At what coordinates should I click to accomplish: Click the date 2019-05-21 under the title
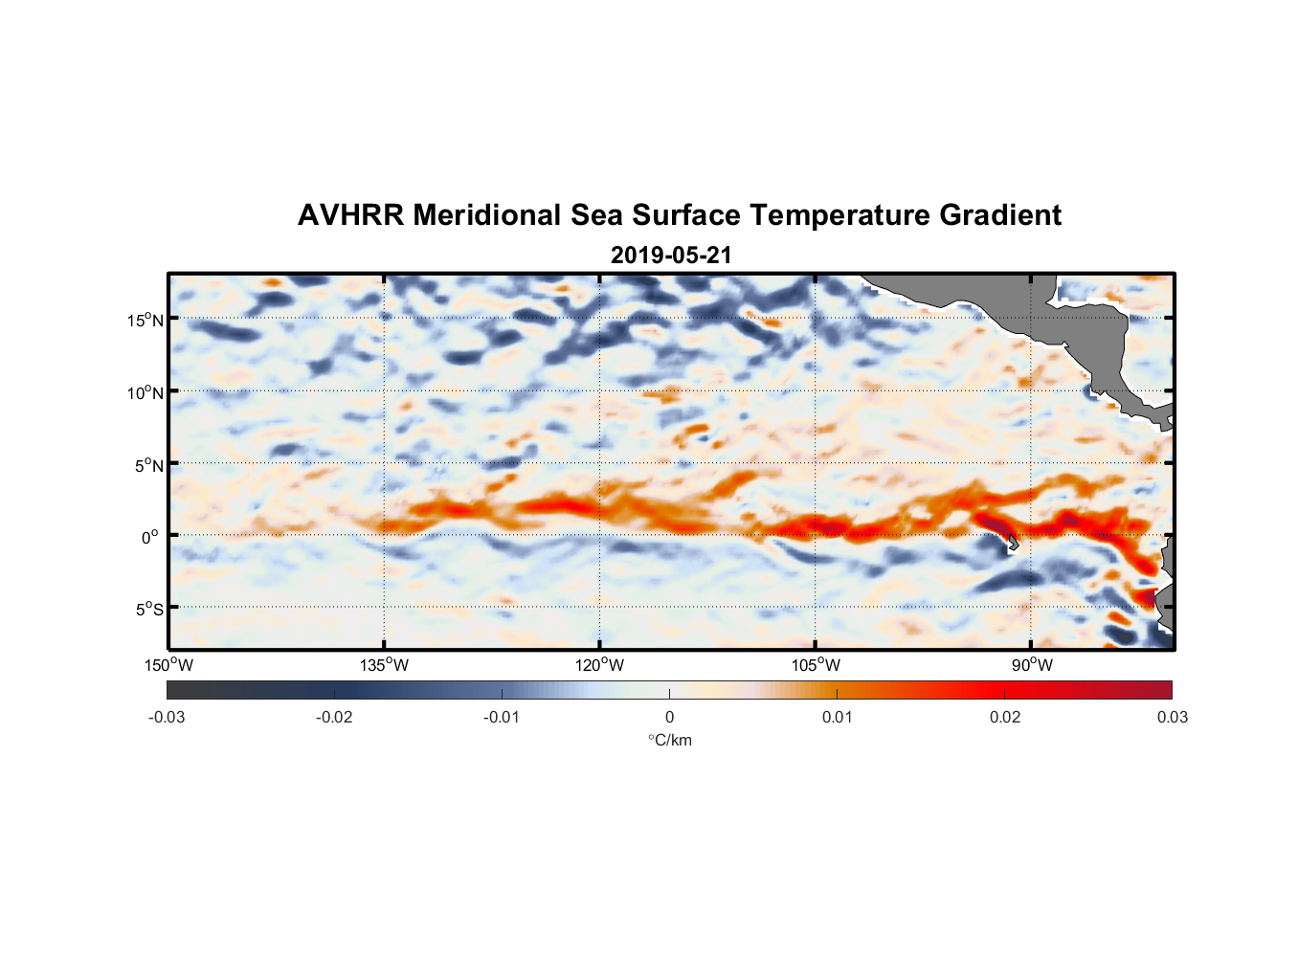tap(671, 256)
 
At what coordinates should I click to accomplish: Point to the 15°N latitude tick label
tap(145, 320)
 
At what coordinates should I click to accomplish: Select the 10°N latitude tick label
tap(145, 392)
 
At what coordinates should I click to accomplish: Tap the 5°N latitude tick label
tap(148, 465)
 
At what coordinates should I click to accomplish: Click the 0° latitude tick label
tap(151, 537)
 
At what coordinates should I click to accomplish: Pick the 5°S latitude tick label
tap(148, 609)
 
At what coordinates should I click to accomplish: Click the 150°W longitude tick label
tap(169, 665)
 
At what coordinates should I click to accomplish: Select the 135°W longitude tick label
tap(385, 665)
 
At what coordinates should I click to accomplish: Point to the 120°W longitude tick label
tap(600, 665)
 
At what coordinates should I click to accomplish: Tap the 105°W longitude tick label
tap(816, 665)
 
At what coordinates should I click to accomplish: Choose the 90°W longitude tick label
tap(1031, 665)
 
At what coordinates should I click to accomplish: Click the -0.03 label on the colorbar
tap(167, 717)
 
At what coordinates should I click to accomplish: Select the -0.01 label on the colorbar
tap(502, 717)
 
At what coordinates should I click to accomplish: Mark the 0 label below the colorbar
tap(669, 717)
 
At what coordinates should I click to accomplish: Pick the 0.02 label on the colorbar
tap(1005, 717)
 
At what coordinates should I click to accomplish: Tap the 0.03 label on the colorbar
tap(1172, 717)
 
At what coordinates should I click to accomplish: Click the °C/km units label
tap(669, 740)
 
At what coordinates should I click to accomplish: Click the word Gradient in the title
tap(1000, 215)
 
